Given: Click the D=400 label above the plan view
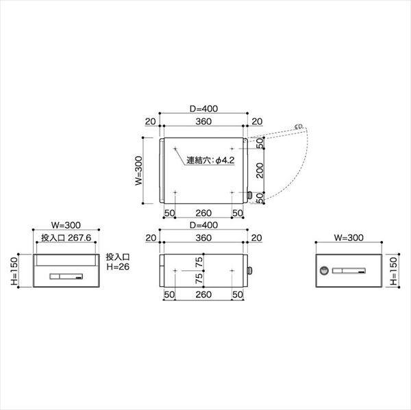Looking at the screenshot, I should tap(203, 107).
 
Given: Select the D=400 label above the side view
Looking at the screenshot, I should tap(203, 225).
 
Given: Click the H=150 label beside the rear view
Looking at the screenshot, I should tap(393, 272).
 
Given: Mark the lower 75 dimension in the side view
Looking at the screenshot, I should tap(199, 280).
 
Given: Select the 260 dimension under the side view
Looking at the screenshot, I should tap(203, 294).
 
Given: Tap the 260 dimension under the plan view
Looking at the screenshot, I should tap(203, 213).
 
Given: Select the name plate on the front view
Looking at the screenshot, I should tap(66, 277).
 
